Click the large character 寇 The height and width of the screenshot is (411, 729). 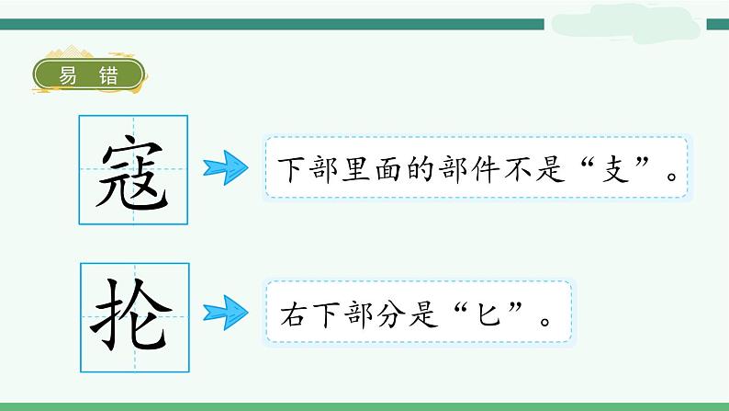pyautogui.click(x=133, y=171)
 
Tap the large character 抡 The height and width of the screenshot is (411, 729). pyautogui.click(x=133, y=314)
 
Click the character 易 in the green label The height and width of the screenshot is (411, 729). pyautogui.click(x=68, y=76)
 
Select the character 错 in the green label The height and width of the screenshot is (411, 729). pyautogui.click(x=108, y=76)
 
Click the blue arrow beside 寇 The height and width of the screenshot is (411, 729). pyautogui.click(x=226, y=168)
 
